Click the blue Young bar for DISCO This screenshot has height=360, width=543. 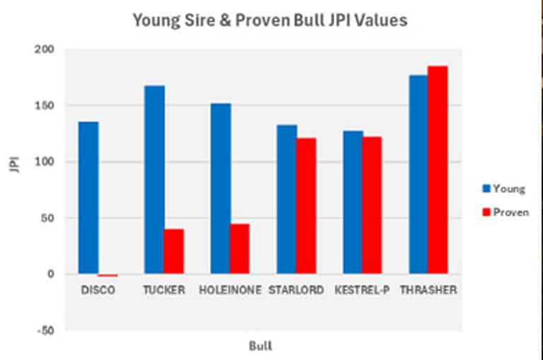pyautogui.click(x=88, y=198)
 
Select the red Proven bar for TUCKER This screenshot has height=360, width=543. pyautogui.click(x=174, y=251)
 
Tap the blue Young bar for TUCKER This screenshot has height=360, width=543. pyautogui.click(x=154, y=180)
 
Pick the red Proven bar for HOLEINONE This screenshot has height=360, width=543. pyautogui.click(x=240, y=249)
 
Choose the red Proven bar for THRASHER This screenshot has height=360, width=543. pyautogui.click(x=438, y=170)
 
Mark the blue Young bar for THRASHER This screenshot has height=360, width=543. pyautogui.click(x=419, y=174)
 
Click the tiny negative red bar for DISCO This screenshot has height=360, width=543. pyautogui.click(x=107, y=275)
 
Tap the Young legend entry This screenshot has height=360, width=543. pyautogui.click(x=503, y=189)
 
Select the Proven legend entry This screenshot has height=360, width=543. pyautogui.click(x=505, y=212)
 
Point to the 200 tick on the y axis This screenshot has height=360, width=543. pyautogui.click(x=44, y=50)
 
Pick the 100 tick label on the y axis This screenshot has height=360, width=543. pyautogui.click(x=44, y=162)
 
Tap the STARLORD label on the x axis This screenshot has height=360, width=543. pyautogui.click(x=296, y=290)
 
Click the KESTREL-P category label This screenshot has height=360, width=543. pyautogui.click(x=362, y=290)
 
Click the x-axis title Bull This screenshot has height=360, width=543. pyautogui.click(x=260, y=347)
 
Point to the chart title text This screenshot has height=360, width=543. pyautogui.click(x=270, y=21)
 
